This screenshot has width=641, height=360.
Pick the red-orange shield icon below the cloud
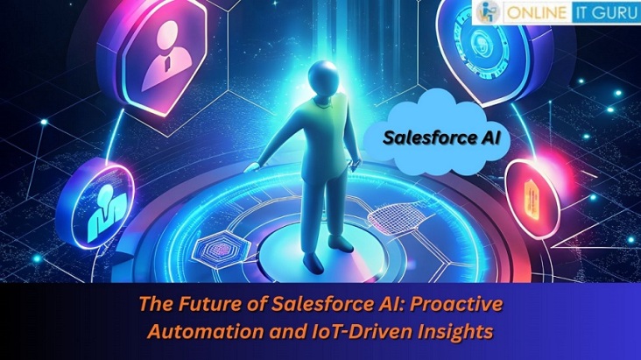coord(532,187)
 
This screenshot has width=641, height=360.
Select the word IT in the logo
coord(583,14)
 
